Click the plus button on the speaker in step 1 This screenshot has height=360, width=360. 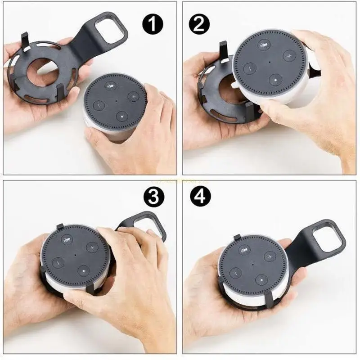(133, 96)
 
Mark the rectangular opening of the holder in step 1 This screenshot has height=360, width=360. (112, 33)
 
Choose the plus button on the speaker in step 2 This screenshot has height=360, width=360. (288, 56)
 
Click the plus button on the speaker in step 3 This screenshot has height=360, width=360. (92, 247)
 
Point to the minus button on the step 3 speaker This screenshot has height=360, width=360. (58, 262)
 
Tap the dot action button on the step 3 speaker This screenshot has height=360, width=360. (83, 271)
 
